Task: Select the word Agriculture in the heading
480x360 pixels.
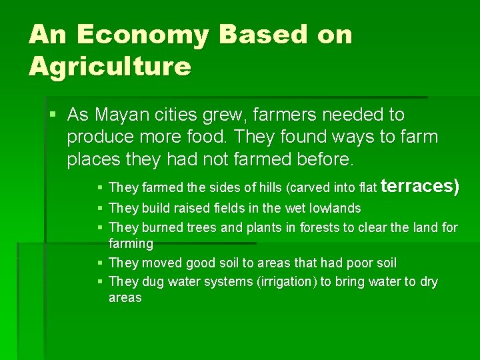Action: [x=110, y=67]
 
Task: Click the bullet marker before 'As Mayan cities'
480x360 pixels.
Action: [x=53, y=115]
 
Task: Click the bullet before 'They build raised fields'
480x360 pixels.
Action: [x=99, y=209]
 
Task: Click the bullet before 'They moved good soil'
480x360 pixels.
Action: [x=99, y=263]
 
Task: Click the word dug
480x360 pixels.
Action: [x=153, y=282]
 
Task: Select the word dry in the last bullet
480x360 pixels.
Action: [x=428, y=282]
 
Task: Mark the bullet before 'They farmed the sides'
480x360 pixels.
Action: [x=99, y=189]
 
